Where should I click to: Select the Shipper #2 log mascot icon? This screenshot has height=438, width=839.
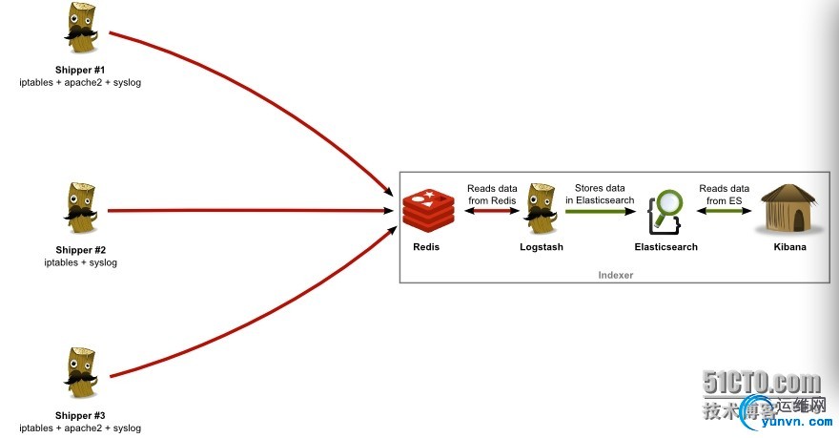pos(80,208)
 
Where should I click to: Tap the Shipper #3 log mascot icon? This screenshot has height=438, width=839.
pos(80,373)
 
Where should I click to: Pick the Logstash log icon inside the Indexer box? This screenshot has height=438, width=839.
pos(541,208)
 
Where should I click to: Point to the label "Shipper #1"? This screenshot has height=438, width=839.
pos(80,70)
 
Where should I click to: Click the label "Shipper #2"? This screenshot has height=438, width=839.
pos(80,250)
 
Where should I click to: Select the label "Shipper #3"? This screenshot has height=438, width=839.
pos(80,415)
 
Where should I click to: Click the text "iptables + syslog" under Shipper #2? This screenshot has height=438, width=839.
pos(80,262)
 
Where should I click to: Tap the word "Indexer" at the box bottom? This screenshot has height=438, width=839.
pos(615,275)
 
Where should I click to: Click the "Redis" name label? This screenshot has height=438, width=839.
pos(426,247)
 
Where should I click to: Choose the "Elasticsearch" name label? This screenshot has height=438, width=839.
pos(665,247)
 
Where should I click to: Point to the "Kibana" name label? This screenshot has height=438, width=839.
pos(789,247)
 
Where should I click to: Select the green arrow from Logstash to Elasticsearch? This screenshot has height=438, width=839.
pos(600,211)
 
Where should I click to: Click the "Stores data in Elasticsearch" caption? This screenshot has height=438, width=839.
pos(600,195)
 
